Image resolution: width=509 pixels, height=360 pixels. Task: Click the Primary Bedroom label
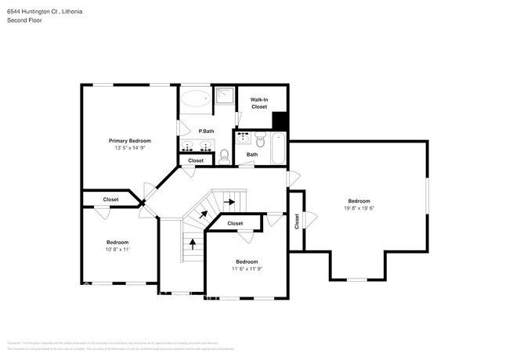click(129, 140)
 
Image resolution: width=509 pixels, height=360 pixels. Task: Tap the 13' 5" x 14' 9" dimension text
click(129, 147)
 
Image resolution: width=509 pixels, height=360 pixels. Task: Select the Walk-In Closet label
click(259, 103)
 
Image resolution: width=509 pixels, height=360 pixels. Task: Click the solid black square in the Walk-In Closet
click(280, 121)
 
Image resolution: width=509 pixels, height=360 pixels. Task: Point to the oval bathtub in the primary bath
click(195, 99)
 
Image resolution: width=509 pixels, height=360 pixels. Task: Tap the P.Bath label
click(207, 131)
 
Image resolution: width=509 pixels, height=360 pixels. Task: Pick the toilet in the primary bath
click(224, 155)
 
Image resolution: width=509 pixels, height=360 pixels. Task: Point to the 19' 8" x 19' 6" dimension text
click(359, 208)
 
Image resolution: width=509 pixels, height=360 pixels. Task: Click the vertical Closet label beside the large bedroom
click(297, 221)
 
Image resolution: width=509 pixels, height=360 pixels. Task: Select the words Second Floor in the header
click(24, 21)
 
